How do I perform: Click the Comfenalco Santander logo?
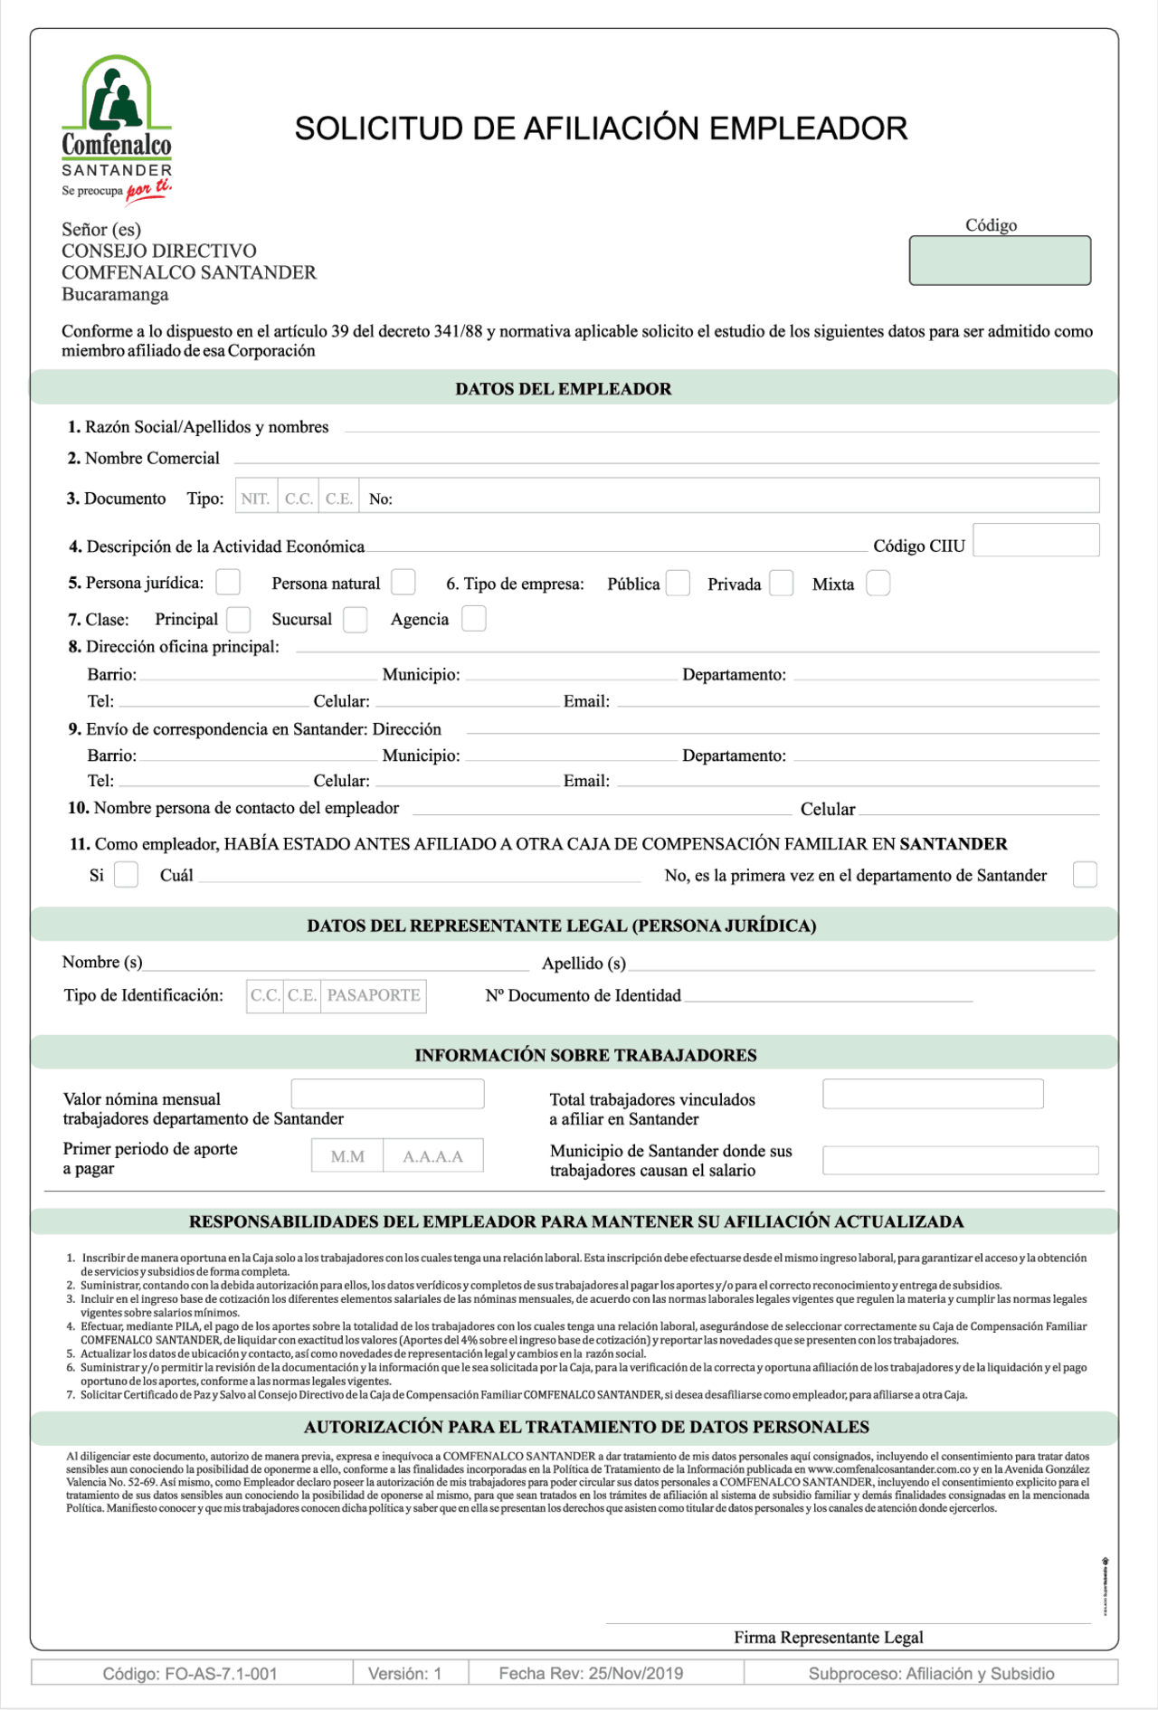pyautogui.click(x=116, y=128)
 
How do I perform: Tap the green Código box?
pyautogui.click(x=1000, y=261)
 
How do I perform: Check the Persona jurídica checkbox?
pyautogui.click(x=228, y=582)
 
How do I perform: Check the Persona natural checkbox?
pyautogui.click(x=403, y=582)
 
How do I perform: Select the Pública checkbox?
pyautogui.click(x=678, y=583)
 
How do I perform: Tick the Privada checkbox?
pyautogui.click(x=782, y=583)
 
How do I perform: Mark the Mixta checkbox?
pyautogui.click(x=878, y=583)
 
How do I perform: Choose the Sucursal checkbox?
pyautogui.click(x=356, y=619)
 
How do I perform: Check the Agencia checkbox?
pyautogui.click(x=473, y=619)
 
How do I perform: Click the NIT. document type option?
pyautogui.click(x=255, y=499)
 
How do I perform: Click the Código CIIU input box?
pyautogui.click(x=1036, y=540)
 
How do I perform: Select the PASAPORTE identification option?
pyautogui.click(x=374, y=995)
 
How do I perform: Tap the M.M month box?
pyautogui.click(x=347, y=1156)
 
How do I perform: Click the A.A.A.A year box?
pyautogui.click(x=432, y=1156)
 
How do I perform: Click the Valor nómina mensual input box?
pyautogui.click(x=387, y=1094)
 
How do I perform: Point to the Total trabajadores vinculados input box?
pyautogui.click(x=933, y=1094)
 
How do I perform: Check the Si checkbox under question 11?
pyautogui.click(x=126, y=875)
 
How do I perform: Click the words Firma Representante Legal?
pyautogui.click(x=828, y=1638)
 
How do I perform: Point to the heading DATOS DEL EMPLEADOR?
pyautogui.click(x=563, y=389)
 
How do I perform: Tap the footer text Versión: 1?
pyautogui.click(x=404, y=1674)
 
